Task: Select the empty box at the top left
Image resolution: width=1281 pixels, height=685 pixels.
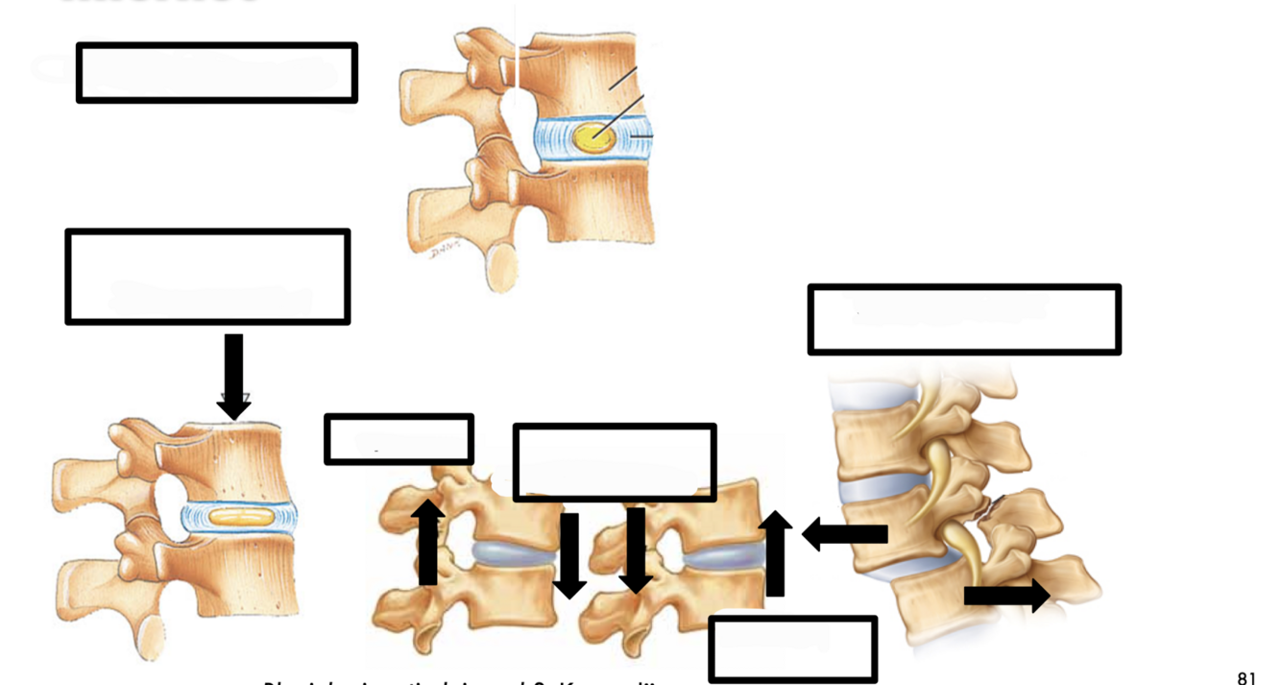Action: tap(217, 72)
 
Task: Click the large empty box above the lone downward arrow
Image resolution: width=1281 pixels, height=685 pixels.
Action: tap(207, 277)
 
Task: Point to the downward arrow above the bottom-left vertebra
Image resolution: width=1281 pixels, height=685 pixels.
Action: tap(233, 376)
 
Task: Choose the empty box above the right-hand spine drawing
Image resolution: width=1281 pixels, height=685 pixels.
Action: tap(964, 319)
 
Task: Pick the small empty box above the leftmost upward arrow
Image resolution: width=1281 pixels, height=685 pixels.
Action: tap(399, 439)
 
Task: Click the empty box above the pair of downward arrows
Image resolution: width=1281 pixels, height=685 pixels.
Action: tap(615, 462)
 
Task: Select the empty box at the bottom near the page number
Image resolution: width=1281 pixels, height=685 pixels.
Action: tap(793, 649)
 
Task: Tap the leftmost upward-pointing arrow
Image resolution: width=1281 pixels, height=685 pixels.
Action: tap(427, 543)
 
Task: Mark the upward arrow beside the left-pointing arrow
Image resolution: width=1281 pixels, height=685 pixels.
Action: tap(775, 553)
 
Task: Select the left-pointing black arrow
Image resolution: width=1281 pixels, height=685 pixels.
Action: tap(845, 533)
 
